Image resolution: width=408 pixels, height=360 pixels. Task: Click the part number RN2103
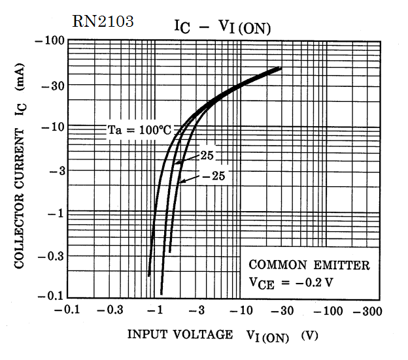coord(103,22)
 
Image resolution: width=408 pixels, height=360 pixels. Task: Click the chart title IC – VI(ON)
coord(222,26)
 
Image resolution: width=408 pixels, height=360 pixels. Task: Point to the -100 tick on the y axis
coord(51,41)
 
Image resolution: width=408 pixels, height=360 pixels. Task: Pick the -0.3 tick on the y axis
coord(51,255)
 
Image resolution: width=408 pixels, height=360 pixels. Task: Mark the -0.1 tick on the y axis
coord(51,296)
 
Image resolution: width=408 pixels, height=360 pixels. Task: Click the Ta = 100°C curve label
coord(138,130)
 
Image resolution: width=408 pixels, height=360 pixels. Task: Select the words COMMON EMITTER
coord(309,265)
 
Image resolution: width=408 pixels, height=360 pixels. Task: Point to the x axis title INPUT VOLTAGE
coord(179,335)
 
